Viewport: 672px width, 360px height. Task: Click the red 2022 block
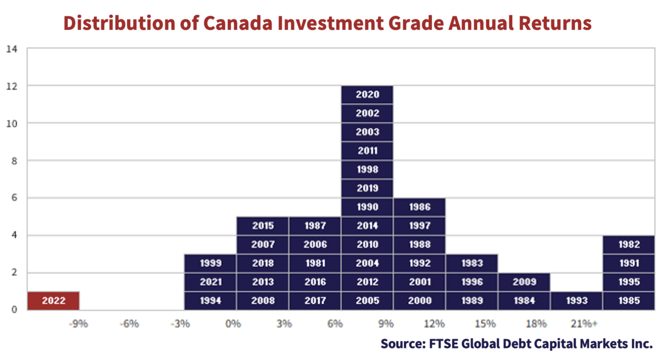(54, 300)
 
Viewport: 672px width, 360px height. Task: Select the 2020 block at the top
(367, 94)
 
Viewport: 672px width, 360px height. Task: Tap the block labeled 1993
(576, 300)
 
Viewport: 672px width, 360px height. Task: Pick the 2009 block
(524, 282)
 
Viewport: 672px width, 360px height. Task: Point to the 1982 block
(629, 245)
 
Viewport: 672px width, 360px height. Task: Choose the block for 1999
(211, 263)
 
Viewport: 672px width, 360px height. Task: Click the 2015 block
(262, 226)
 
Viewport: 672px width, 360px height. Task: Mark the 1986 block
(419, 207)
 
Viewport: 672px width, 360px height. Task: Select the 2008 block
(262, 300)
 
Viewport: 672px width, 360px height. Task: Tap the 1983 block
(472, 263)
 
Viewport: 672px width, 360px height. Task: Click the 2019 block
(367, 188)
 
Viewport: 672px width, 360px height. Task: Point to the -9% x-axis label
(78, 324)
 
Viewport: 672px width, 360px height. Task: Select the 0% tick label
(233, 324)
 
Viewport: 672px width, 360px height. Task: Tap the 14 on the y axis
(12, 49)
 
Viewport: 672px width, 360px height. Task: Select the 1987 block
(315, 226)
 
